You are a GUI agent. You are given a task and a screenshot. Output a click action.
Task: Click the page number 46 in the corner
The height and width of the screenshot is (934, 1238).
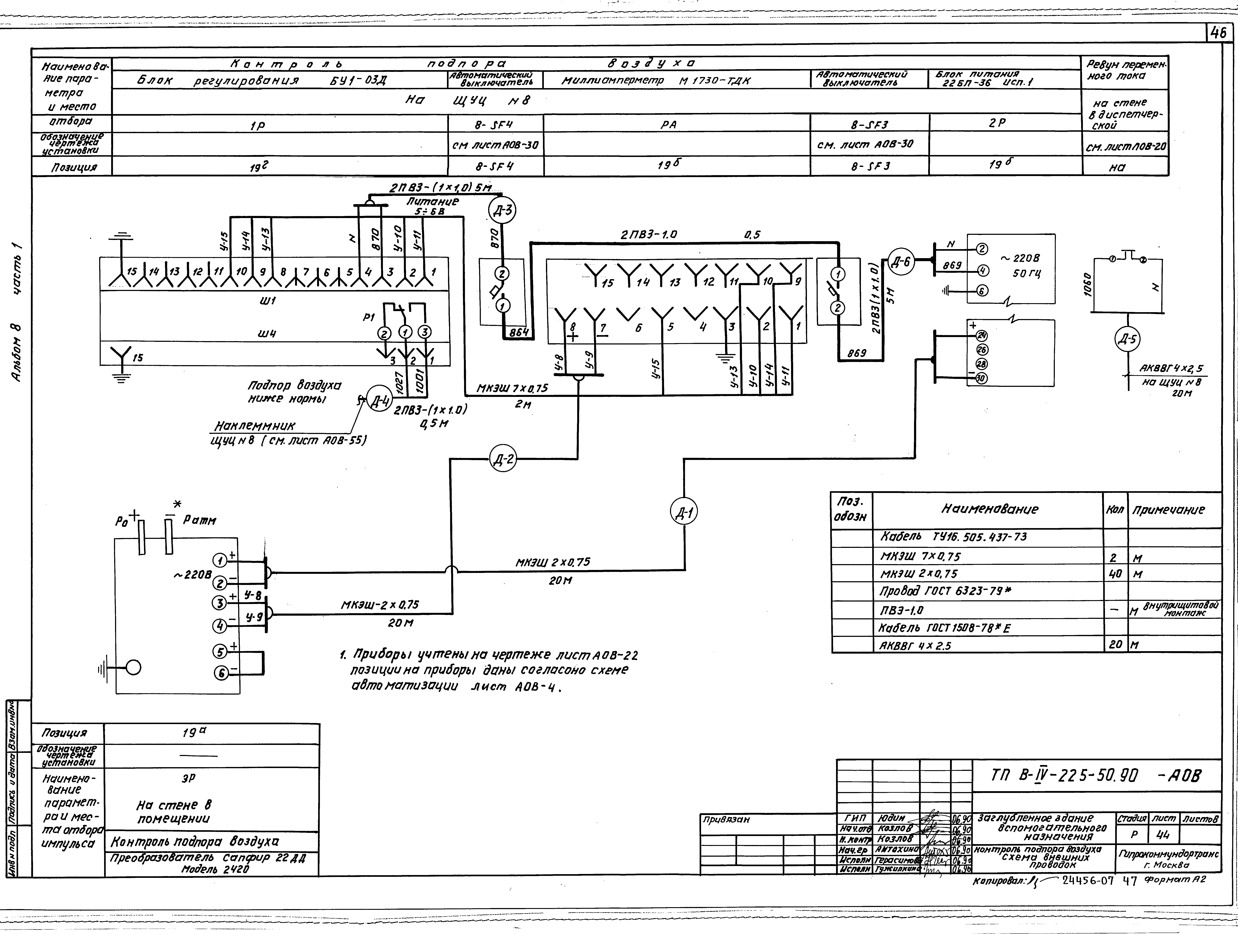click(x=1216, y=34)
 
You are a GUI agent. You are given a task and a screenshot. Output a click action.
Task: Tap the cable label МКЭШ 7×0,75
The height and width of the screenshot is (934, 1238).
click(x=512, y=388)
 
